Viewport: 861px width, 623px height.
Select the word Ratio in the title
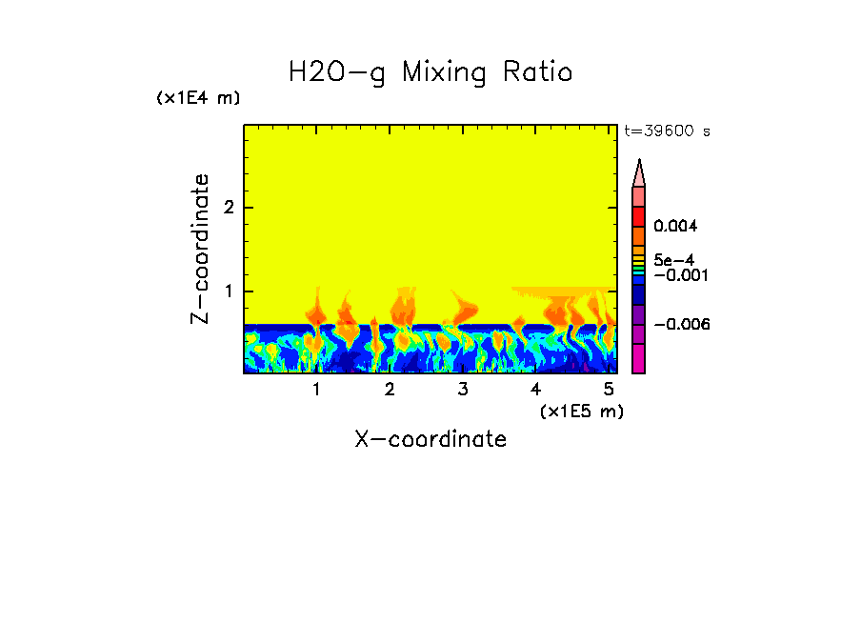pos(537,71)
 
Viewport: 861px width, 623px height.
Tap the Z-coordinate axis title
pos(200,248)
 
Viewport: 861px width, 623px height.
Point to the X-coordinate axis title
pos(430,439)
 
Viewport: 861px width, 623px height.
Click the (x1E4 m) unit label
pos(198,98)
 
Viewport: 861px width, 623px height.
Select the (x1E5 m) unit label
pos(581,411)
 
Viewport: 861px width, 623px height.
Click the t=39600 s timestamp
pos(667,131)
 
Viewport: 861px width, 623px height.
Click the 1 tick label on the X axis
pos(316,390)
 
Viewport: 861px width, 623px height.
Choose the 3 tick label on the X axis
pos(463,390)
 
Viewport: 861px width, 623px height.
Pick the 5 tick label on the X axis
pos(609,390)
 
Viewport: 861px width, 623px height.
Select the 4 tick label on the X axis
pos(535,390)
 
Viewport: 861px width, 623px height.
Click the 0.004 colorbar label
pos(676,227)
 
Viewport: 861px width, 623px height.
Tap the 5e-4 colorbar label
pos(672,259)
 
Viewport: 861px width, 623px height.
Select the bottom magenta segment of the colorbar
pos(639,359)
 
